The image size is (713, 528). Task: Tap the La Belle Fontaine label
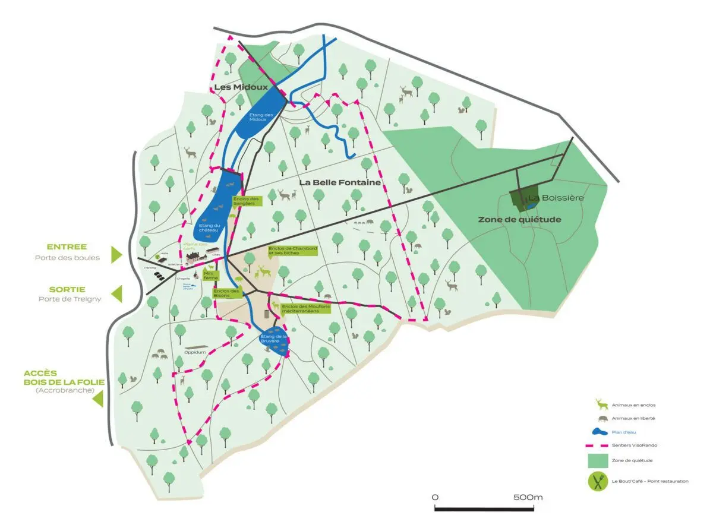pyautogui.click(x=339, y=182)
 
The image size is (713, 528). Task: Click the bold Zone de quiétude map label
pyautogui.click(x=519, y=219)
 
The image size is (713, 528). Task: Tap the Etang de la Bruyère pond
pyautogui.click(x=274, y=342)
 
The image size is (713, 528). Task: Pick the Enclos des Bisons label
pyautogui.click(x=226, y=293)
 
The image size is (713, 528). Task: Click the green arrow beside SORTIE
pyautogui.click(x=116, y=293)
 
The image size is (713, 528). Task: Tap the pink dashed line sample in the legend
pyautogui.click(x=600, y=445)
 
